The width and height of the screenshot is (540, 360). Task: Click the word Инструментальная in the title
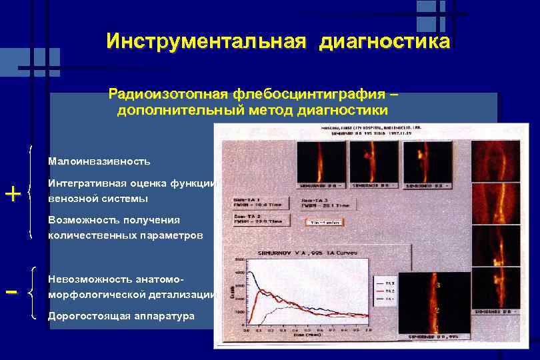click(x=205, y=42)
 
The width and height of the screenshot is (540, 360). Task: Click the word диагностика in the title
click(x=385, y=42)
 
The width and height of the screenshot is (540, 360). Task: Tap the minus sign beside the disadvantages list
click(x=11, y=292)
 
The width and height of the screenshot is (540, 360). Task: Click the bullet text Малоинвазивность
click(x=99, y=161)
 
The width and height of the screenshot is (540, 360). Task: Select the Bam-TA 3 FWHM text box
click(x=327, y=203)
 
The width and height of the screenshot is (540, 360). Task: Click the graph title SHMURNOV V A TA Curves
click(x=299, y=253)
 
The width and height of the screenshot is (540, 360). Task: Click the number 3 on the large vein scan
click(x=437, y=285)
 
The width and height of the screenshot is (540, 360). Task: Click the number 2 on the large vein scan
click(x=437, y=311)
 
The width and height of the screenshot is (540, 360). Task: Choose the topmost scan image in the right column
click(x=496, y=160)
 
